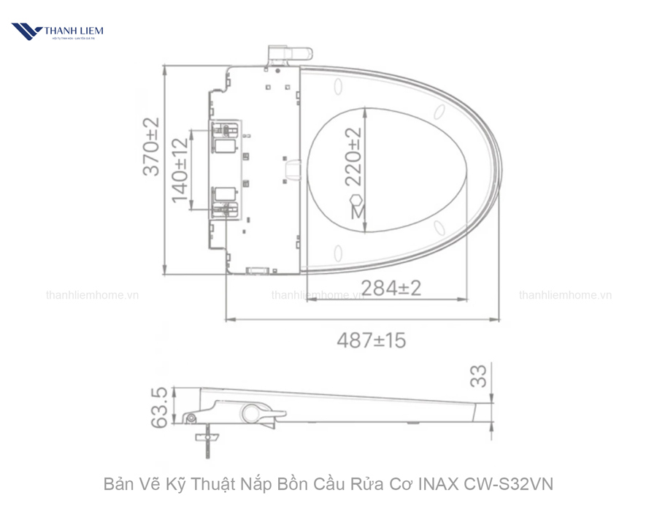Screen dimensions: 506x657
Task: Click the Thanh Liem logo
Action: tap(57, 31)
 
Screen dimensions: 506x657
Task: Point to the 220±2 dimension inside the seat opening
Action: tap(353, 156)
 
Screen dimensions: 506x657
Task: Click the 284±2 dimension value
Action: tap(391, 288)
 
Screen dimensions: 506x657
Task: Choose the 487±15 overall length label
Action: tap(371, 340)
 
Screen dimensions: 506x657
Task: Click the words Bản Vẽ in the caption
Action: tap(126, 484)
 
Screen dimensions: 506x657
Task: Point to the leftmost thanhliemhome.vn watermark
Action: tap(92, 296)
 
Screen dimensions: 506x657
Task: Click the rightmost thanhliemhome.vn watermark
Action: tap(565, 296)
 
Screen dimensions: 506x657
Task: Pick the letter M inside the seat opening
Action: tap(357, 212)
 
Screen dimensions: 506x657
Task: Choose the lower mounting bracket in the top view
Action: tap(224, 202)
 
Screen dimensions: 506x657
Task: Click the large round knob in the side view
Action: tap(254, 413)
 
